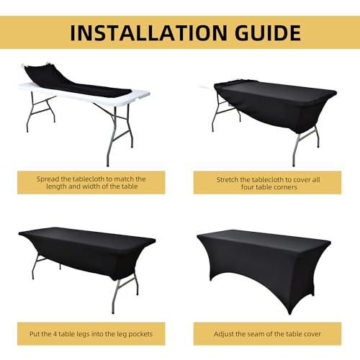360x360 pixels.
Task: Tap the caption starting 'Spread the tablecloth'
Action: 90,183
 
